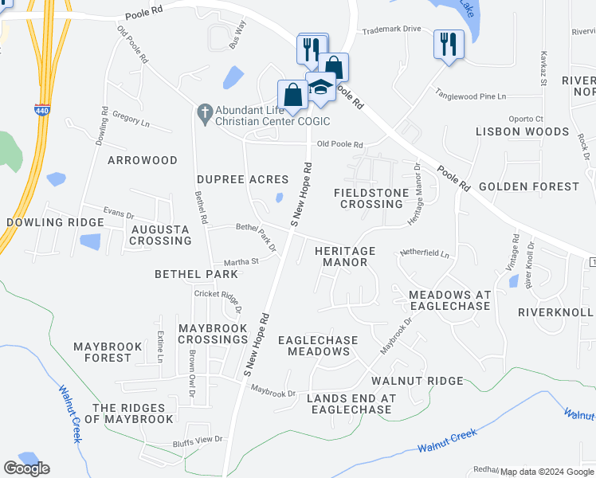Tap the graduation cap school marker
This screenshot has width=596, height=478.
320,87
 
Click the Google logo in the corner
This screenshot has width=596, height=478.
26,468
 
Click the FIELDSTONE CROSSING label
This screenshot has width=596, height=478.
368,198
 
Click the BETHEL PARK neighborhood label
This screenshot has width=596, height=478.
196,274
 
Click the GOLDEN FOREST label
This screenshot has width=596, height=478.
529,186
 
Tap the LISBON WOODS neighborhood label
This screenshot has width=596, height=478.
523,131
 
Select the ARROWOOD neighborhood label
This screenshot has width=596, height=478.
143,160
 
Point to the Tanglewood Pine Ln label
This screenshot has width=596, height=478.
470,96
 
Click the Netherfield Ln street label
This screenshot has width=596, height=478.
425,256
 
